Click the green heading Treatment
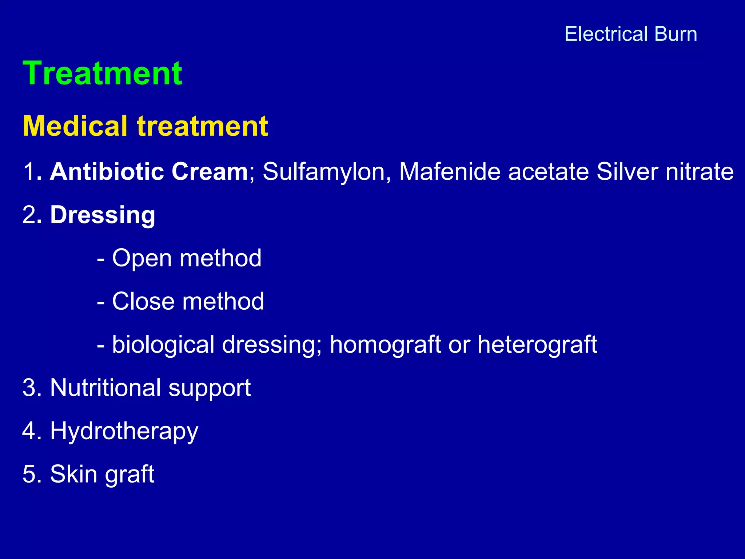[102, 74]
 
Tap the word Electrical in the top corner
[606, 34]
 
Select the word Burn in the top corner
[676, 34]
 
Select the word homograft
[385, 344]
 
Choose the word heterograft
[537, 344]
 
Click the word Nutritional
[105, 387]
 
